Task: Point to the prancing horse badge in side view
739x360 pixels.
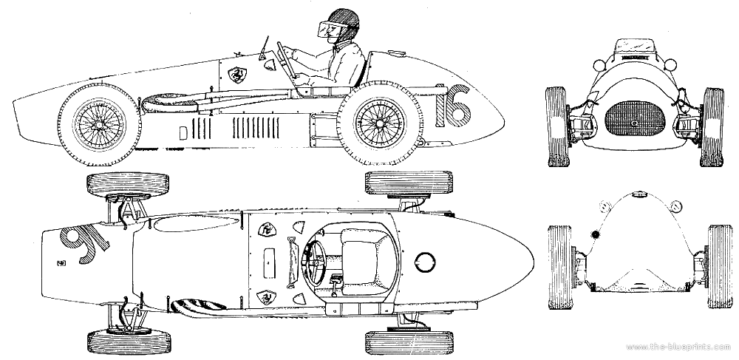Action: [x=237, y=73]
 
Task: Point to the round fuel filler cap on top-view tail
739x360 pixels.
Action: [x=426, y=261]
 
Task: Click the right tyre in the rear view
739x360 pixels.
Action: [x=718, y=267]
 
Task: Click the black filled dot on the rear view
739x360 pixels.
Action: [x=596, y=235]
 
